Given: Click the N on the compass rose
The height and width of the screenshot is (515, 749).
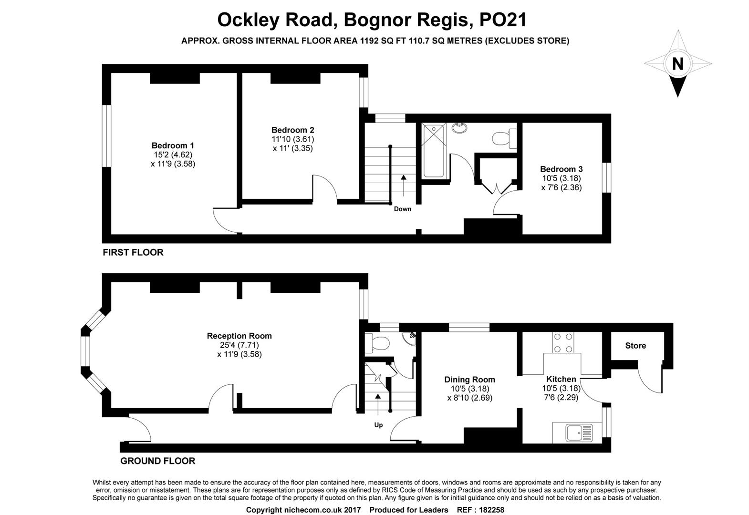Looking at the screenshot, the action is coord(677,63).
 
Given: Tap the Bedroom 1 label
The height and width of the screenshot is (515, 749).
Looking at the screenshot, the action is coord(173,145).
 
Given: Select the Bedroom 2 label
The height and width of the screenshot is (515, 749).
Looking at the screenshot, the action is coord(292,130).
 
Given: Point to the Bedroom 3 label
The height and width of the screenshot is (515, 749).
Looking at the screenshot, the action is coord(562,169).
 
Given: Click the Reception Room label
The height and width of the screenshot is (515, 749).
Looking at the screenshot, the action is coord(239,336).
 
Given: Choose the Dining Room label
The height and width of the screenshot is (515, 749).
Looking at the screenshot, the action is coord(470,379).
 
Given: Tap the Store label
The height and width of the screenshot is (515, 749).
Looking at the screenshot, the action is coord(635,346).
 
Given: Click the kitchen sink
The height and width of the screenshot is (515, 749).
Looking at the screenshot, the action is coord(579,433).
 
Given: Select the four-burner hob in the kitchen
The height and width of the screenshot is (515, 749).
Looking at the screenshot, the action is coord(563,342).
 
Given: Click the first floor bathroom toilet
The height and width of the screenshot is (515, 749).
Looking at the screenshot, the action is coord(504,138).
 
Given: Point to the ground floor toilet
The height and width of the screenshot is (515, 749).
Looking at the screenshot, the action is coord(377,343).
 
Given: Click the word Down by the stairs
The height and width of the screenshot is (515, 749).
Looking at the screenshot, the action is coord(403,209).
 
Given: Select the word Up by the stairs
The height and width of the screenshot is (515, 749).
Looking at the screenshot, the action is coord(378,425).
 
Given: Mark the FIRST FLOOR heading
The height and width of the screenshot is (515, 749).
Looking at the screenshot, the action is coord(133,252).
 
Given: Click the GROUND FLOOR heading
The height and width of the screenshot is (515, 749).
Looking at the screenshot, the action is coord(158,461).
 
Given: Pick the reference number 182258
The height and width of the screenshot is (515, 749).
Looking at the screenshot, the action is coord(491,510).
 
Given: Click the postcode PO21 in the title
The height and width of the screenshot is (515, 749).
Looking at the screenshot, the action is coord(503,20).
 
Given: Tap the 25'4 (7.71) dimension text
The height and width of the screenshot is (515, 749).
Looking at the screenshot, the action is coord(239,345).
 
